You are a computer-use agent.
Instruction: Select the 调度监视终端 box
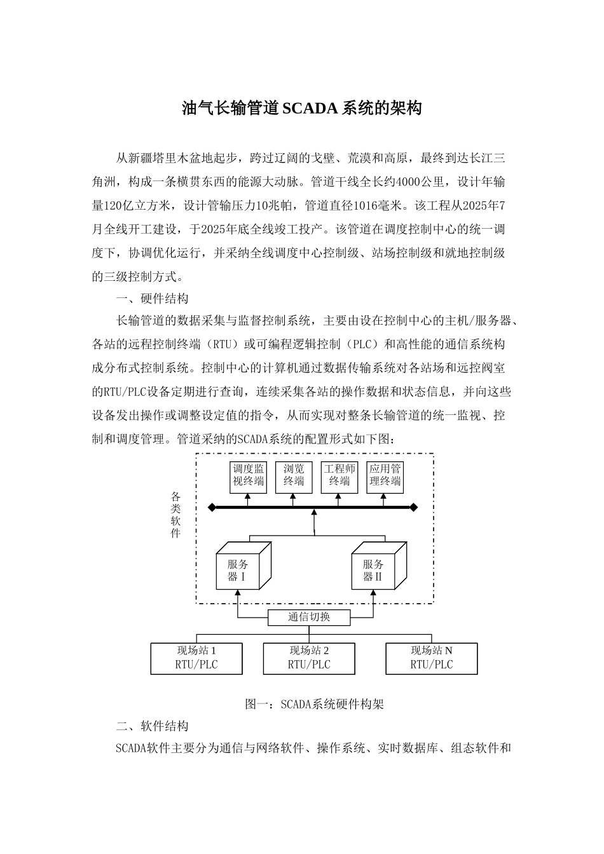point(248,476)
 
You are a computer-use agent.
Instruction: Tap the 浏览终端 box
point(294,476)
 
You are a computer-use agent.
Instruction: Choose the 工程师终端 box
point(340,476)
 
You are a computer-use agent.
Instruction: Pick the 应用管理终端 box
point(385,476)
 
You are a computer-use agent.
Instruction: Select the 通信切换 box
point(308,617)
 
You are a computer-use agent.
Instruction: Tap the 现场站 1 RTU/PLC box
point(196,658)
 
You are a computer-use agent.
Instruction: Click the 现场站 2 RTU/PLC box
point(309,658)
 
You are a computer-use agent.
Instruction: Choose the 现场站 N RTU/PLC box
point(432,658)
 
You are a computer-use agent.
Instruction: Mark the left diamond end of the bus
point(212,507)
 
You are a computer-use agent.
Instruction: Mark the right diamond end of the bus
point(414,507)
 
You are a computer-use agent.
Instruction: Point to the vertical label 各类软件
point(176,515)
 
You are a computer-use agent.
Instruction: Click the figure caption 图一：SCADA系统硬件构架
point(314,704)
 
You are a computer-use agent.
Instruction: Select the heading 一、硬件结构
point(151,299)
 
